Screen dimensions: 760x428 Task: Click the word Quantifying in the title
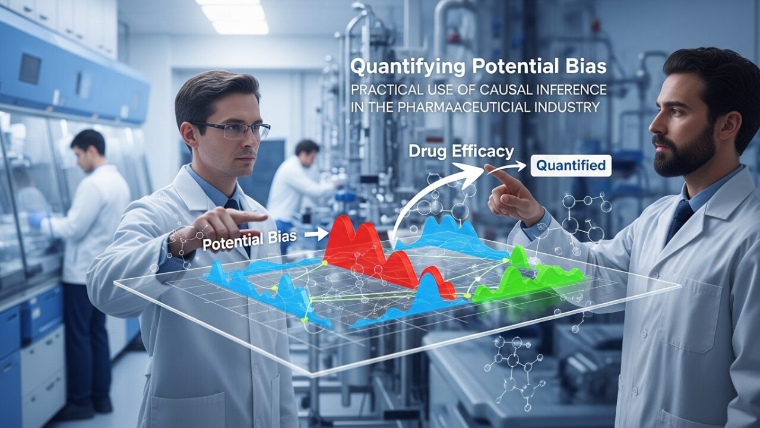click(408, 67)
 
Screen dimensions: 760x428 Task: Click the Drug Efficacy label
click(461, 151)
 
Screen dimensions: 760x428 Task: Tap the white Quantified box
click(571, 165)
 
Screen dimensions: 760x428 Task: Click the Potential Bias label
click(249, 241)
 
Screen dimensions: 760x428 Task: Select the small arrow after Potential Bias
click(317, 234)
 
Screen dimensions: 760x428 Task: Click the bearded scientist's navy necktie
click(679, 218)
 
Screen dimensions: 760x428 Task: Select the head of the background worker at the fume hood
click(88, 149)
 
